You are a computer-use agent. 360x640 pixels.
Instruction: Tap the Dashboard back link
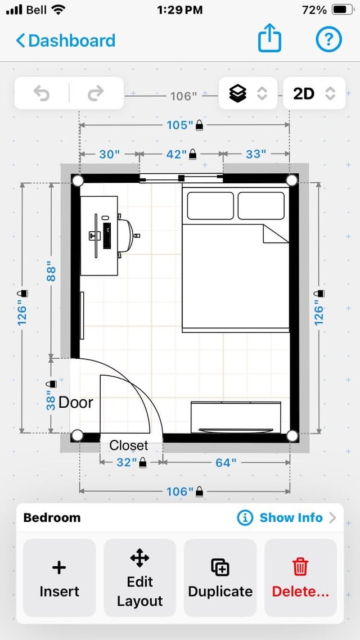[66, 41]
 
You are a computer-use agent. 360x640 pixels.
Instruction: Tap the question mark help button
[328, 39]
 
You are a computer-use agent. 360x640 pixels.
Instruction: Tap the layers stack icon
[238, 94]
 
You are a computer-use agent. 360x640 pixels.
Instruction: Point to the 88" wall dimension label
[51, 271]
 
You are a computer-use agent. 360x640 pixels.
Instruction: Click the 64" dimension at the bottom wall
[226, 462]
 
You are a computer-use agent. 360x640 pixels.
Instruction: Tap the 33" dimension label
[256, 154]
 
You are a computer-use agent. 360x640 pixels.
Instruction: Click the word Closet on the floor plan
[129, 445]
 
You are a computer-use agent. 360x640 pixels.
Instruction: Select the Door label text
[76, 403]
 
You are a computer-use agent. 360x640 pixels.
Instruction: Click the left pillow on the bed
[210, 206]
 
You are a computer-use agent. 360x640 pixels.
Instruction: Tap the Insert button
[59, 578]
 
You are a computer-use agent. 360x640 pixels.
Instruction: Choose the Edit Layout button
[139, 578]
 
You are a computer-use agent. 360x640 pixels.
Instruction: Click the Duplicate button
[220, 578]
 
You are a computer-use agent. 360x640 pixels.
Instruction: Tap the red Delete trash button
[301, 578]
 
